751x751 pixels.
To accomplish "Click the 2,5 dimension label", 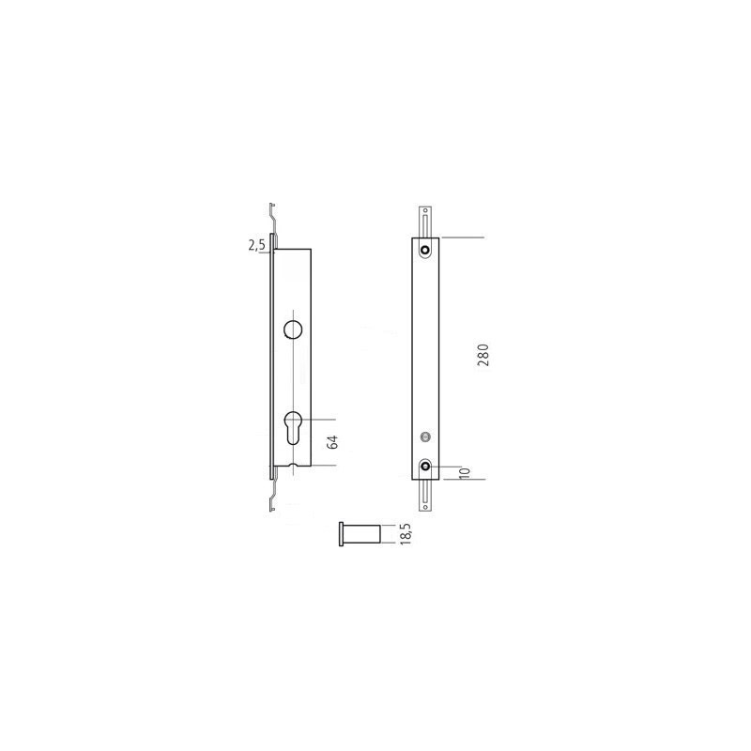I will click(x=256, y=245).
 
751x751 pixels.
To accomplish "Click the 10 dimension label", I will click(x=464, y=473).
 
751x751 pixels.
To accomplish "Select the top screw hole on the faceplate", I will click(x=426, y=250).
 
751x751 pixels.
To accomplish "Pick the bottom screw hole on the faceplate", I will click(x=426, y=466).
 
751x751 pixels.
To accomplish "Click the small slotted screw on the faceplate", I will click(x=425, y=436).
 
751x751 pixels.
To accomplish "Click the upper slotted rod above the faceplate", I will click(x=426, y=221).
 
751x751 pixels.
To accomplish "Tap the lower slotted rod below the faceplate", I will click(x=426, y=495).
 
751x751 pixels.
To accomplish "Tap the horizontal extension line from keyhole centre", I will click(x=317, y=419).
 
